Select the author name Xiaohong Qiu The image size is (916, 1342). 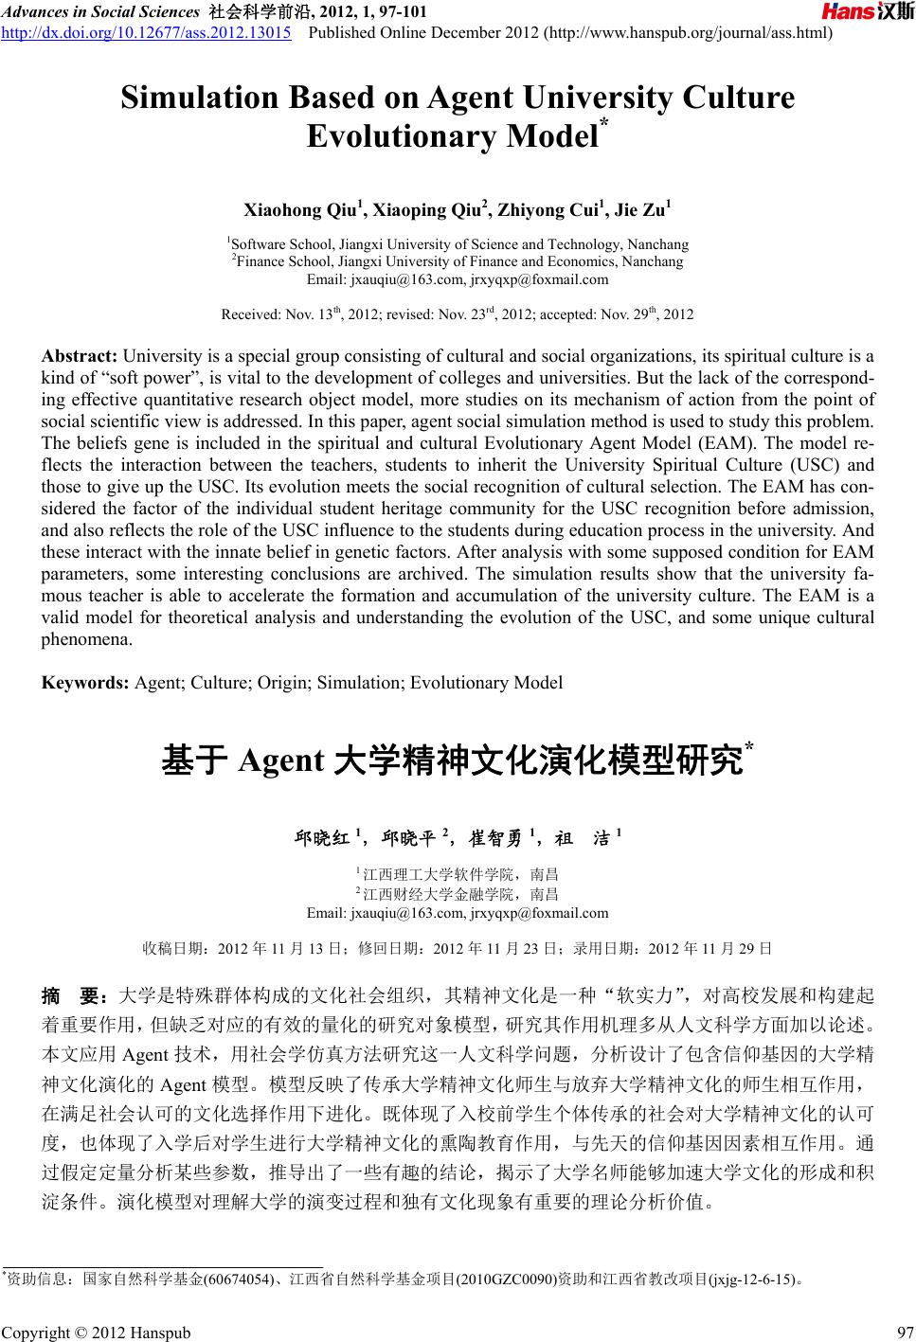pyautogui.click(x=303, y=210)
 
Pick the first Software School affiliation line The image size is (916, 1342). pyautogui.click(x=458, y=244)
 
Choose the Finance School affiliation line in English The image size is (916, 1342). pyautogui.click(x=458, y=261)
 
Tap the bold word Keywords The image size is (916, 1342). pyautogui.click(x=86, y=683)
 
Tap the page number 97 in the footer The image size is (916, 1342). pyautogui.click(x=903, y=1333)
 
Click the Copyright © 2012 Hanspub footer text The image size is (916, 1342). pyautogui.click(x=96, y=1333)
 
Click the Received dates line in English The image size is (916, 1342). pyautogui.click(x=458, y=313)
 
